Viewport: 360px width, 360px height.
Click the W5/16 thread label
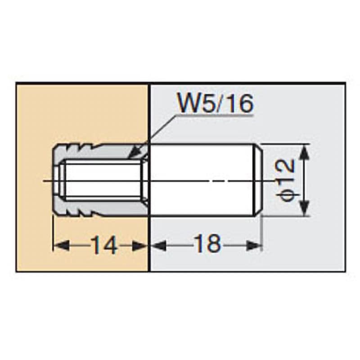[x=216, y=104]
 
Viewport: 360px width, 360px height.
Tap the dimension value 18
[x=207, y=245]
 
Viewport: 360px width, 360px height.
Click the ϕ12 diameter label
[x=287, y=180]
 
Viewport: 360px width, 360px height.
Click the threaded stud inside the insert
[x=101, y=180]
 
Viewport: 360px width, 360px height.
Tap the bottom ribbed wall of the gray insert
[x=90, y=210]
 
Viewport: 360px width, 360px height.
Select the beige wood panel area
[x=81, y=112]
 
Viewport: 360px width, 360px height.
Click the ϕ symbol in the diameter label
[x=287, y=194]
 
